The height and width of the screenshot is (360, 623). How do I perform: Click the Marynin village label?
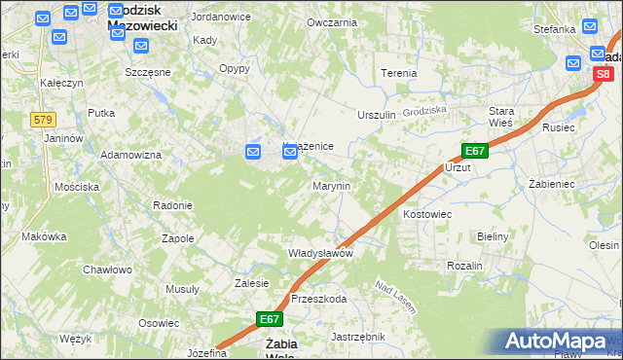click(x=331, y=185)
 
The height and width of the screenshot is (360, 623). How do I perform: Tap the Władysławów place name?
click(x=319, y=252)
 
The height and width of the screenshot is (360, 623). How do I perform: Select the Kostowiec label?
click(x=427, y=212)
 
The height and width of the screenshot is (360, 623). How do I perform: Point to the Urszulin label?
click(x=377, y=115)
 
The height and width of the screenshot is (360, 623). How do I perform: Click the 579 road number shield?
click(x=43, y=120)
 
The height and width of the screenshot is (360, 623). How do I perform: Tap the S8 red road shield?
click(x=604, y=73)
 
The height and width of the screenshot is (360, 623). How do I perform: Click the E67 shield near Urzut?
click(x=474, y=151)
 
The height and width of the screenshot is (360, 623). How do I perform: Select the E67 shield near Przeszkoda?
click(x=270, y=318)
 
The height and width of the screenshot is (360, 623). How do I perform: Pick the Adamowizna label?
click(x=130, y=155)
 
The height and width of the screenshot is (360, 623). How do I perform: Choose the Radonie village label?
click(x=172, y=205)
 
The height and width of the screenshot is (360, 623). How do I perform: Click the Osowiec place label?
click(x=158, y=323)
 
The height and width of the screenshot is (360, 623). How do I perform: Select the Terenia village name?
click(x=398, y=73)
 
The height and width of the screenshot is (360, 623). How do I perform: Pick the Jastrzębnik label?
click(x=358, y=337)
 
